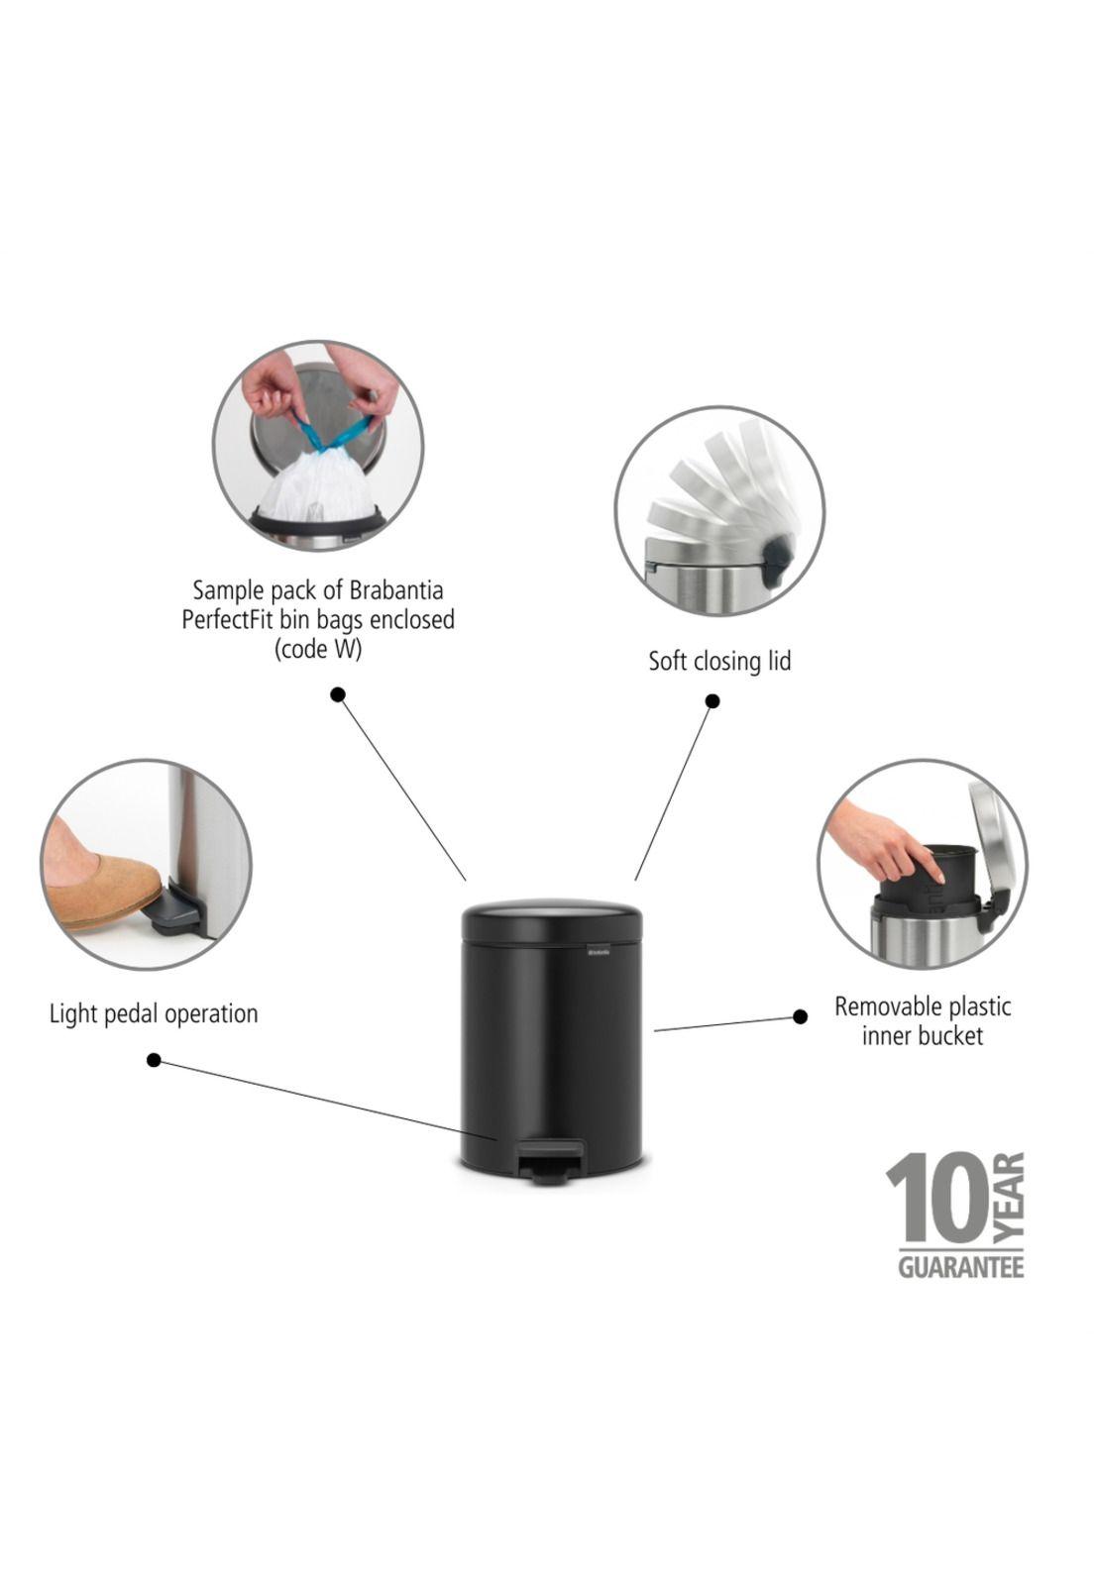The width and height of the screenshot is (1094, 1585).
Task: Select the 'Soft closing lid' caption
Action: [x=719, y=661]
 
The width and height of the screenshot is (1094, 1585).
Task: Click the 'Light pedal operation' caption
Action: [x=154, y=1014]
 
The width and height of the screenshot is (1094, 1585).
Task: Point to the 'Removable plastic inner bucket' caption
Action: [x=923, y=1021]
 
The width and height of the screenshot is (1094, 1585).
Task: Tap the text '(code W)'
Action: [x=318, y=649]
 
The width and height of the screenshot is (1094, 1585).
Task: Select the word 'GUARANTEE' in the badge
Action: [x=960, y=1267]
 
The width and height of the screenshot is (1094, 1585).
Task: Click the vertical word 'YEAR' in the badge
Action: [x=1008, y=1198]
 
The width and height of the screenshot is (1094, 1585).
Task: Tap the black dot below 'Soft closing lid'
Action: [x=712, y=701]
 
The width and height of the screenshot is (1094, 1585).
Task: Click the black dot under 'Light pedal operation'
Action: [x=154, y=1060]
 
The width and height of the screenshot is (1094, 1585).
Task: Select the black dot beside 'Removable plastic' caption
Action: [x=801, y=1016]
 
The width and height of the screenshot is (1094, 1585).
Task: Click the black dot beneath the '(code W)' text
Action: [x=338, y=694]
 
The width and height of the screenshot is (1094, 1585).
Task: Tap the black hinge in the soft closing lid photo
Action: [x=776, y=559]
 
